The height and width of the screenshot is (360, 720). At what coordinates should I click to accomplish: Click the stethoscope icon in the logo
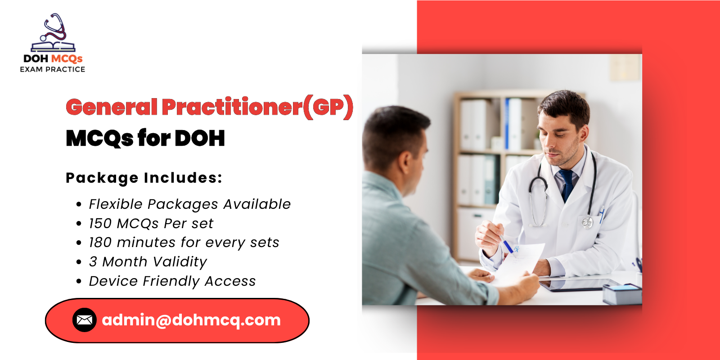point(54,28)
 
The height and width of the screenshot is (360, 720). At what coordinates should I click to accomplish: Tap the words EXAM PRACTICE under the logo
point(52,69)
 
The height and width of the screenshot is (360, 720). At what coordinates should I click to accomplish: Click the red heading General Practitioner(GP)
point(209,107)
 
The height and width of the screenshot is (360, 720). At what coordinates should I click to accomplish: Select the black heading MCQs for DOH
point(145,138)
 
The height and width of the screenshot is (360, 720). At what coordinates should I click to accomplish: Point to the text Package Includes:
point(144,178)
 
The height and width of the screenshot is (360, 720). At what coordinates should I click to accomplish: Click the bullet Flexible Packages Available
point(189,204)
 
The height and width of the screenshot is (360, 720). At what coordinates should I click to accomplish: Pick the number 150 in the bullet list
point(100,224)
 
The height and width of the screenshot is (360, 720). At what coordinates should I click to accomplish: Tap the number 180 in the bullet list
point(100,243)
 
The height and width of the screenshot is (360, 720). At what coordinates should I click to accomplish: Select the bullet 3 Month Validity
point(148,262)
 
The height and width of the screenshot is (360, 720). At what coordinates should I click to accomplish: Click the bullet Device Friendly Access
point(172,281)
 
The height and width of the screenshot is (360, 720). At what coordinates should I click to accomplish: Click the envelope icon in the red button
point(85,320)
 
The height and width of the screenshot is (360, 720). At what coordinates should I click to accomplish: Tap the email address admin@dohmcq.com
point(191,320)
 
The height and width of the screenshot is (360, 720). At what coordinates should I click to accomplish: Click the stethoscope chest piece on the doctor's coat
point(587,222)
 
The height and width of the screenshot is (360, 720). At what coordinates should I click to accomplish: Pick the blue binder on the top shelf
point(507,124)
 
